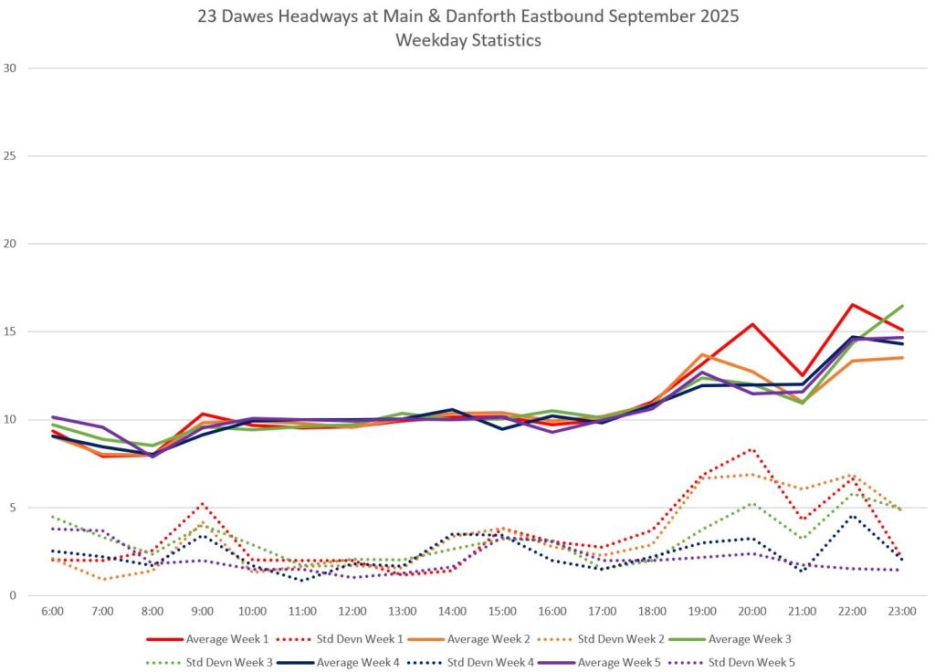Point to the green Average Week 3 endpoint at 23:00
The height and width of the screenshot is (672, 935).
point(902,306)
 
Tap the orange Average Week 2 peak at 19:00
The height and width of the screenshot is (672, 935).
point(702,354)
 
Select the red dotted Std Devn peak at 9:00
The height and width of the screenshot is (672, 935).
point(202,503)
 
